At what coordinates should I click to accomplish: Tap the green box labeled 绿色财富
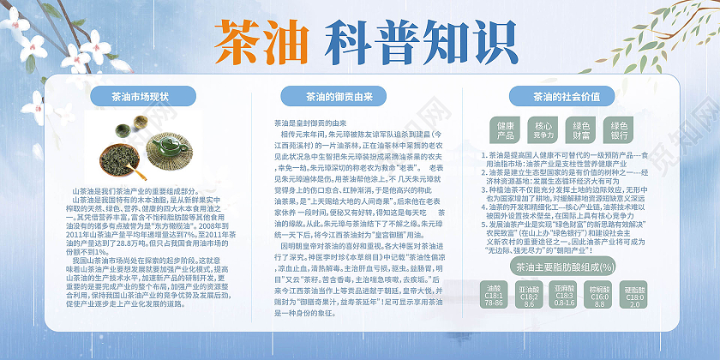point(581,130)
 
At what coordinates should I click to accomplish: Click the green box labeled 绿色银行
point(619,130)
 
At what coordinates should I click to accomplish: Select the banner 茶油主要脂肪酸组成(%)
point(565,267)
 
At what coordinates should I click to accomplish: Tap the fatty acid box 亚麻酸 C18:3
point(564,295)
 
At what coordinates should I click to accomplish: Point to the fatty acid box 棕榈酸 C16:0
point(600,295)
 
